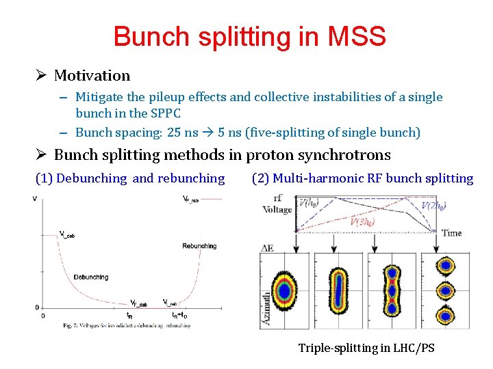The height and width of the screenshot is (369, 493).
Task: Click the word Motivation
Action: pyautogui.click(x=92, y=75)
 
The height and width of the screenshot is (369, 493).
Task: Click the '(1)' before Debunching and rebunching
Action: pyautogui.click(x=44, y=178)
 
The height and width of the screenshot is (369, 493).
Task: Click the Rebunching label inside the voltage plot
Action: pyautogui.click(x=199, y=246)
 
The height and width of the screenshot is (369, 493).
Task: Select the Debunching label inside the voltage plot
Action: pyautogui.click(x=90, y=277)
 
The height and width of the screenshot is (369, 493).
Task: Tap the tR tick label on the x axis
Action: pyautogui.click(x=129, y=315)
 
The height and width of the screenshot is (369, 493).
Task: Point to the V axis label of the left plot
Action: pyautogui.click(x=35, y=199)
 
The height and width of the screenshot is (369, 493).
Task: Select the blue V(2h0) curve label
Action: pyautogui.click(x=435, y=206)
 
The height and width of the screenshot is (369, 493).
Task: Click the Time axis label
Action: pyautogui.click(x=451, y=233)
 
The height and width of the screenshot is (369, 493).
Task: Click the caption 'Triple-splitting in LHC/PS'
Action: pyautogui.click(x=366, y=348)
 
